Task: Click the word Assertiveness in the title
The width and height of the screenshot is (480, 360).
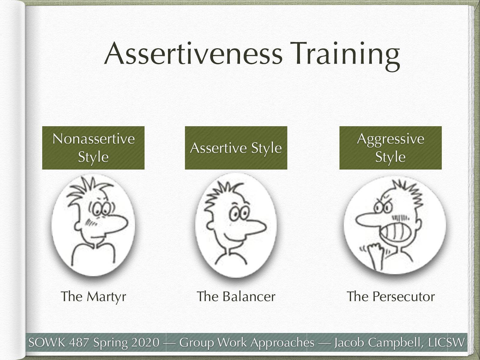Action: (x=193, y=54)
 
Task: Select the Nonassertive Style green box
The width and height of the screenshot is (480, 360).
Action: (x=93, y=148)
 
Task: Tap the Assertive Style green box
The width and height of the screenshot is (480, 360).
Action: (x=236, y=148)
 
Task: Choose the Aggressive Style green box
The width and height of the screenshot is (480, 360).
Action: (x=391, y=148)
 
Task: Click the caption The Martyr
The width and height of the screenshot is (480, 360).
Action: (x=93, y=296)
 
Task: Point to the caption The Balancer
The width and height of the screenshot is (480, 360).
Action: (x=236, y=296)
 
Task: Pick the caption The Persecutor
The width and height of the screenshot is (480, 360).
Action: (x=391, y=296)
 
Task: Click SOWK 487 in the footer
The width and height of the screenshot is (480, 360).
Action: (x=58, y=342)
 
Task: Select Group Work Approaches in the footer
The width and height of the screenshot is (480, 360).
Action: (x=247, y=342)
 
